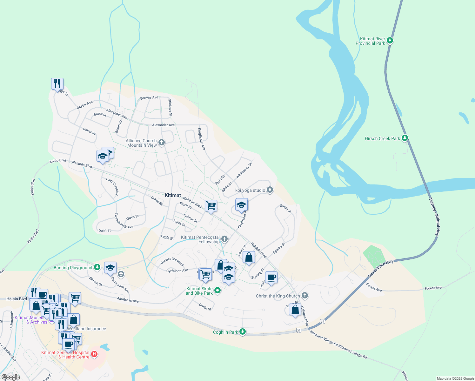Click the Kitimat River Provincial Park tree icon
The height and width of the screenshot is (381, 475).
(390, 41)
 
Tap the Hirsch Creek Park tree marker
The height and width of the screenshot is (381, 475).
(405, 138)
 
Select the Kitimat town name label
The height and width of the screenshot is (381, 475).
(173, 195)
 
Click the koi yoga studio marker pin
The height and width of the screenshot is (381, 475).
(270, 190)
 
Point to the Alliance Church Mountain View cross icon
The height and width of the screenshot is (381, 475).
(162, 142)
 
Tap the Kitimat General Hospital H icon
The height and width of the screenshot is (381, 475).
(94, 354)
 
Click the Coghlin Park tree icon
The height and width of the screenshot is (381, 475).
(243, 332)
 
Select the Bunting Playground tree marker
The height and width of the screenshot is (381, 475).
(97, 267)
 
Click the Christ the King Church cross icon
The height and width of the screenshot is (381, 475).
(304, 296)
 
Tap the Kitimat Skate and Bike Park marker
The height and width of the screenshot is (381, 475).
(217, 290)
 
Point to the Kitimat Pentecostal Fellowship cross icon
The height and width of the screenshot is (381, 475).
(224, 239)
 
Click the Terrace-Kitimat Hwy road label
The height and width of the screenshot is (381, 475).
(435, 217)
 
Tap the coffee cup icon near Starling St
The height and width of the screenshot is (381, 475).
(271, 277)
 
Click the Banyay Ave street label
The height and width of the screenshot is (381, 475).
(149, 97)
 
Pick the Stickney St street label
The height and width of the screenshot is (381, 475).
(170, 108)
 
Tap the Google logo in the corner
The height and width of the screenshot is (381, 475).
(11, 377)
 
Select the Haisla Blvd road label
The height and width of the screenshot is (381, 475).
(17, 299)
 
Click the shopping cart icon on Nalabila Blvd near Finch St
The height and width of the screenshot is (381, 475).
(211, 205)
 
